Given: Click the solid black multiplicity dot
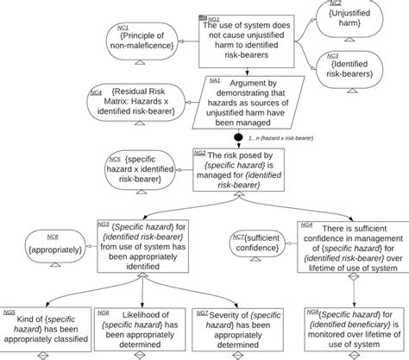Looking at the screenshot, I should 236,136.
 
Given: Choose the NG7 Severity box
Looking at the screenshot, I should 232,327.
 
